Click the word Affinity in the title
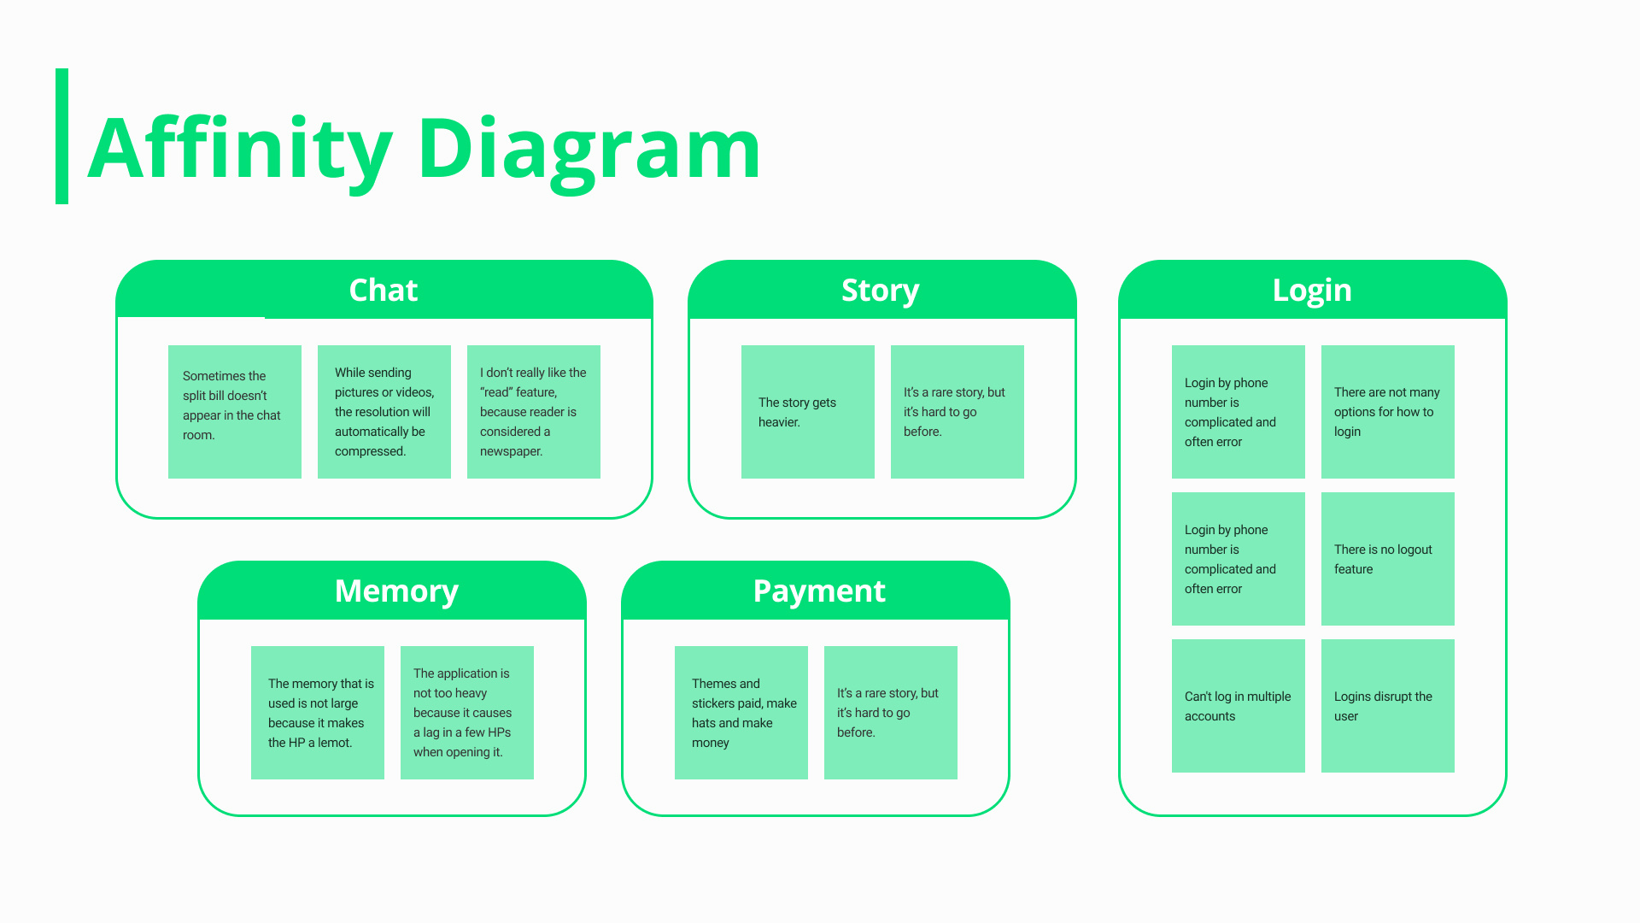click(x=240, y=150)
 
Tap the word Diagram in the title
click(x=589, y=150)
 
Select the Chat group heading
click(x=384, y=291)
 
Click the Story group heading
click(x=880, y=291)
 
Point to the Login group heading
click(x=1312, y=291)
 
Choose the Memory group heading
click(x=396, y=591)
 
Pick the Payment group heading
click(x=819, y=591)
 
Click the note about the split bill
click(x=235, y=411)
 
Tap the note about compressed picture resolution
click(x=384, y=411)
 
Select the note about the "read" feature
click(x=534, y=411)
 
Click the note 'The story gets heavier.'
click(x=808, y=411)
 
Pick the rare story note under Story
click(x=958, y=411)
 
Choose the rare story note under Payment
click(x=891, y=712)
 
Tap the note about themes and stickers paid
click(x=741, y=712)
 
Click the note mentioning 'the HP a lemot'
click(x=318, y=712)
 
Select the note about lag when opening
click(x=467, y=712)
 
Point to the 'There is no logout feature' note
click(x=1388, y=559)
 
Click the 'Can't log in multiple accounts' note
click(x=1239, y=706)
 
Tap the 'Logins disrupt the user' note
click(x=1388, y=706)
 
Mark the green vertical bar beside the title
click(x=61, y=137)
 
